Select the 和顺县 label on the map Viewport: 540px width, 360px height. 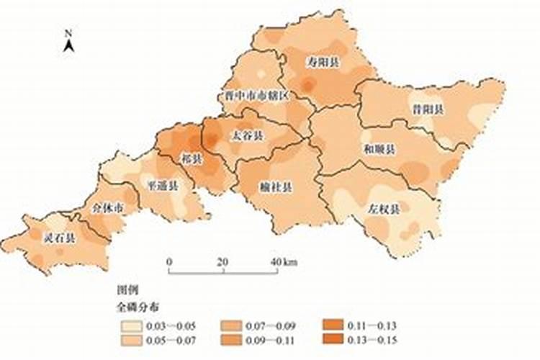pos(379,150)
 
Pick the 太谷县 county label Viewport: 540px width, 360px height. pos(246,135)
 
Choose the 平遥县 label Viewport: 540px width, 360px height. pos(162,185)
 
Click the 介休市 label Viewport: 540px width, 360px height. pos(108,208)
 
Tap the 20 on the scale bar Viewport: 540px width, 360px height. pos(222,261)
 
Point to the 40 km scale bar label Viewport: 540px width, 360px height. pos(284,261)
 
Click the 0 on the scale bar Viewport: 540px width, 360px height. pos(169,261)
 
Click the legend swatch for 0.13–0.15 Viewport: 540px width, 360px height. pos(331,339)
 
